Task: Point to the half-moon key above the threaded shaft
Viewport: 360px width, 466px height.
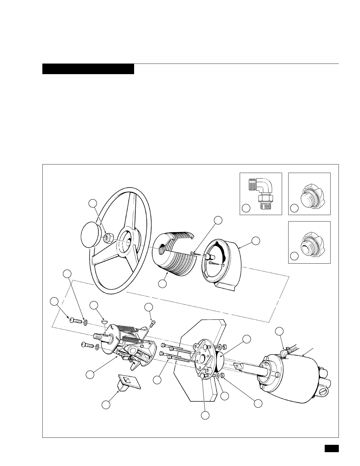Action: pyautogui.click(x=104, y=322)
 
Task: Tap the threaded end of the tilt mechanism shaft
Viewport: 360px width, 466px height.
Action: pyautogui.click(x=98, y=336)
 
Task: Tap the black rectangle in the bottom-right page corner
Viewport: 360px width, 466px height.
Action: pyautogui.click(x=332, y=448)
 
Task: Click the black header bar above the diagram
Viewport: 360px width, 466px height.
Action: pyautogui.click(x=88, y=69)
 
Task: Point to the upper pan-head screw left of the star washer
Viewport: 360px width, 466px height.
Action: pyautogui.click(x=76, y=321)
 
